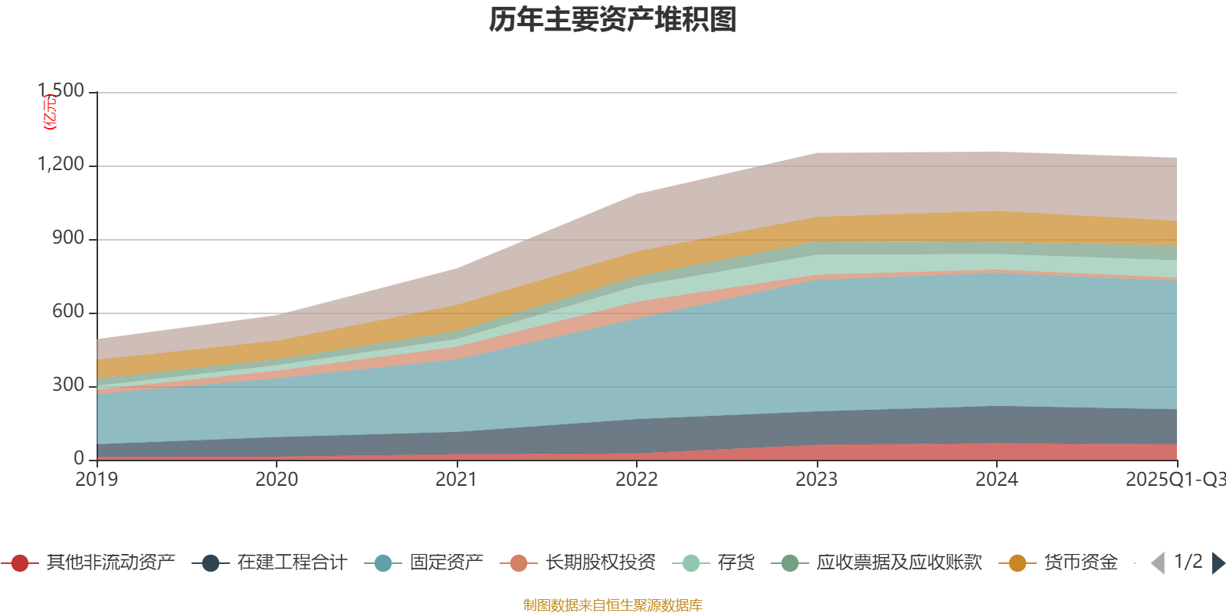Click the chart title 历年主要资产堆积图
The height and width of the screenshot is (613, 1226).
pyautogui.click(x=613, y=20)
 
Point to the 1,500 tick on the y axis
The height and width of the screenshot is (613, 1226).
pyautogui.click(x=61, y=91)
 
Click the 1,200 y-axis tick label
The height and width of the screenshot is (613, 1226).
pyautogui.click(x=61, y=165)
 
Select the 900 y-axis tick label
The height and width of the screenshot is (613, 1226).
pyautogui.click(x=68, y=238)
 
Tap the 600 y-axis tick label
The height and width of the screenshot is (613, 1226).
pyautogui.click(x=68, y=312)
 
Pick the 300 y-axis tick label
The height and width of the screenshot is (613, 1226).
pyautogui.click(x=68, y=385)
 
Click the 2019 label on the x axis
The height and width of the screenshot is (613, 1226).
pyautogui.click(x=97, y=480)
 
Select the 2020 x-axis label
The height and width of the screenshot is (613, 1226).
pyautogui.click(x=277, y=480)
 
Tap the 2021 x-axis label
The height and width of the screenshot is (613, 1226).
pyautogui.click(x=457, y=480)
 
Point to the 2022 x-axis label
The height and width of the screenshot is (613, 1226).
pyautogui.click(x=637, y=480)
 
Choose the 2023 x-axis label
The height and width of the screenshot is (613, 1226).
pyautogui.click(x=817, y=480)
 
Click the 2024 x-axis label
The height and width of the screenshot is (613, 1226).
pyautogui.click(x=997, y=480)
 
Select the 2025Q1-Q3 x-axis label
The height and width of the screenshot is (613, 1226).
pyautogui.click(x=1175, y=480)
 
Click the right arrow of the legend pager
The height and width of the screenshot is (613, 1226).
pyautogui.click(x=1218, y=563)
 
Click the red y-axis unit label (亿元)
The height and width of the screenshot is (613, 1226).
pyautogui.click(x=50, y=112)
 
